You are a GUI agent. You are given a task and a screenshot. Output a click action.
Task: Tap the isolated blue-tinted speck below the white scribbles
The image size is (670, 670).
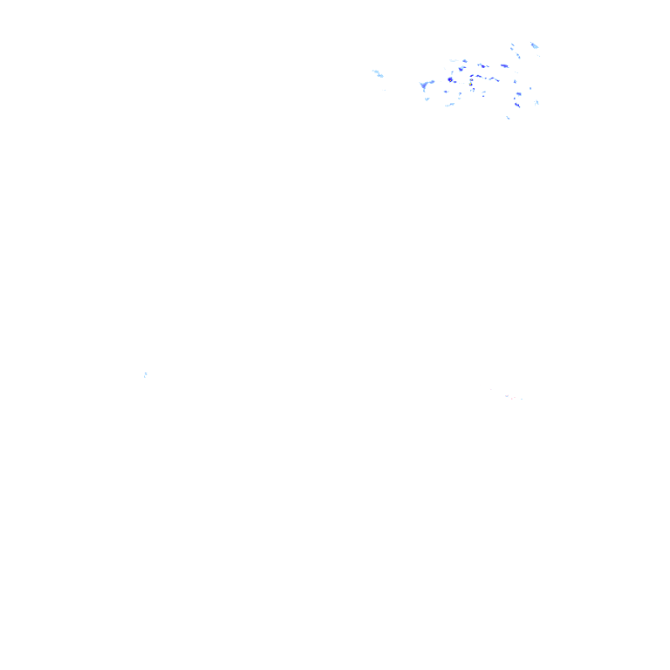(146, 376)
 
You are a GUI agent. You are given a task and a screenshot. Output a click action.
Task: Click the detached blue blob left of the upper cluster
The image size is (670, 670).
(378, 73)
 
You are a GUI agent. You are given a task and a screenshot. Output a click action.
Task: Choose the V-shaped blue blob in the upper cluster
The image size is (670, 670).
(425, 85)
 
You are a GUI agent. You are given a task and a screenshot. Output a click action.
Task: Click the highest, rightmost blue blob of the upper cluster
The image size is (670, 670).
(534, 44)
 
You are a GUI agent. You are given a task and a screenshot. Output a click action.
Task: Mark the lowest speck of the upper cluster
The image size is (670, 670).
(508, 117)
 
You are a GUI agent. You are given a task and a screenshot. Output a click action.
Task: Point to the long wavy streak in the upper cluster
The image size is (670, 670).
(484, 78)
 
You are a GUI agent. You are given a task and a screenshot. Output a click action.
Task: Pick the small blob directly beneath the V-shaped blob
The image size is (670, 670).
(427, 99)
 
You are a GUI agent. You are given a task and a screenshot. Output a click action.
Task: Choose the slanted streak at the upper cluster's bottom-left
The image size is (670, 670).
(449, 105)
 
